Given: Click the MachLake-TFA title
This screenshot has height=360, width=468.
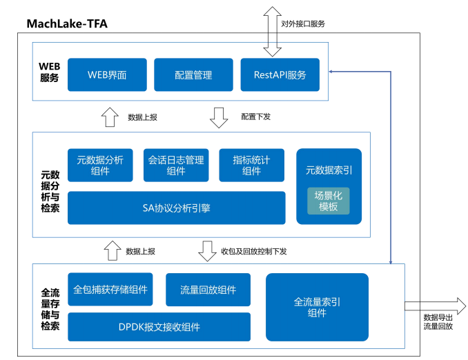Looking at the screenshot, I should coord(66,24).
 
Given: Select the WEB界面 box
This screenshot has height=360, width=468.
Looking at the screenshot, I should coord(107,74).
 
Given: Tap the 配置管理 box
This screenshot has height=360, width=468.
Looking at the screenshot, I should coord(193,74).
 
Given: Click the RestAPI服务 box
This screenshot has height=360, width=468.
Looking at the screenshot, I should coord(280,74).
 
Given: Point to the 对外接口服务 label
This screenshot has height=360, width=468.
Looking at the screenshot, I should coord(302,23).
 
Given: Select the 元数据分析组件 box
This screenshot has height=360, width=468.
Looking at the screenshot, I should coord(100,166).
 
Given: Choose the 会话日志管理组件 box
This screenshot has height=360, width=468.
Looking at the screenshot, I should coord(176,166).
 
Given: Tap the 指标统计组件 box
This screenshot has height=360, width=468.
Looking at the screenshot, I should coord(251,166).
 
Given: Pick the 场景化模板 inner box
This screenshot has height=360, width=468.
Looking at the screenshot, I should coord(329,201).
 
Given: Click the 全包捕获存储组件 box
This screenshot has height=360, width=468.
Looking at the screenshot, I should coord(110,290).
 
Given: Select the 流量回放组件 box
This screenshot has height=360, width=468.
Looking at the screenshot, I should coord(208,290).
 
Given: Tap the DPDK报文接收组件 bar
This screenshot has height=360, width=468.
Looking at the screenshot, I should coord(159,327).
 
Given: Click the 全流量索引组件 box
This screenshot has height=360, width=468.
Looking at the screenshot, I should coord(317,307).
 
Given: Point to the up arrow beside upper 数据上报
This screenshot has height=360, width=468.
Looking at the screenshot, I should coord(110,117).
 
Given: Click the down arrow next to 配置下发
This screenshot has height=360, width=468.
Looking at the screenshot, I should coord(220,117).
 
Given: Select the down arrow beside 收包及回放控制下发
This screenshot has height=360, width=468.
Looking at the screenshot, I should coord(207,251).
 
